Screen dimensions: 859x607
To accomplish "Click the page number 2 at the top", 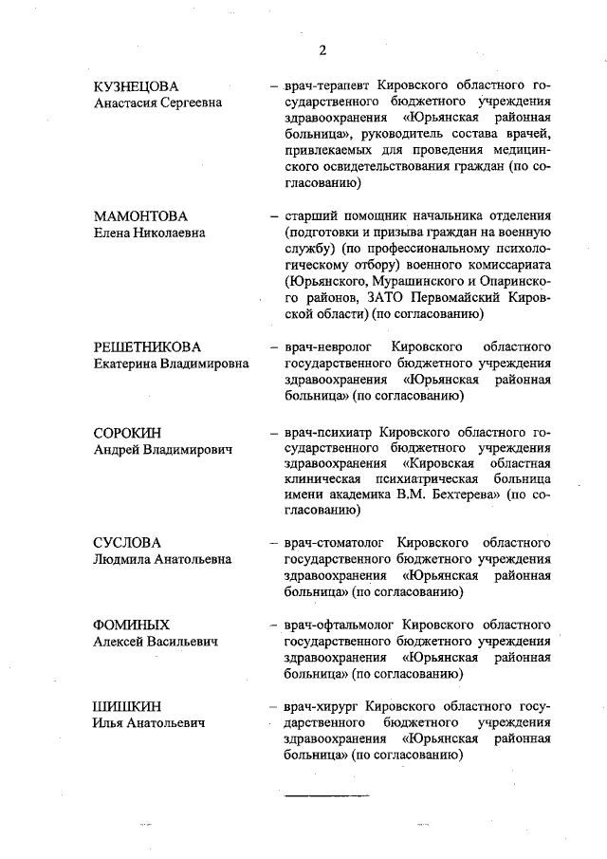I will pos(322,49).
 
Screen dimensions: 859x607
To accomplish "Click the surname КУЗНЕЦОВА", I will pos(136,87).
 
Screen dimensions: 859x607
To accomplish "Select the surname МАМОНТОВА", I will pos(140,215).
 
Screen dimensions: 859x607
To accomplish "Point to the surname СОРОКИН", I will pos(128,433).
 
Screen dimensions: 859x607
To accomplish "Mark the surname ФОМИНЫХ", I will pos(132,625).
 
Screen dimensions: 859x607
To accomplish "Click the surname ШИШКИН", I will pos(127,706).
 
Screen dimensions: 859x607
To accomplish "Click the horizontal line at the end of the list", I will pos(326,793).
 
